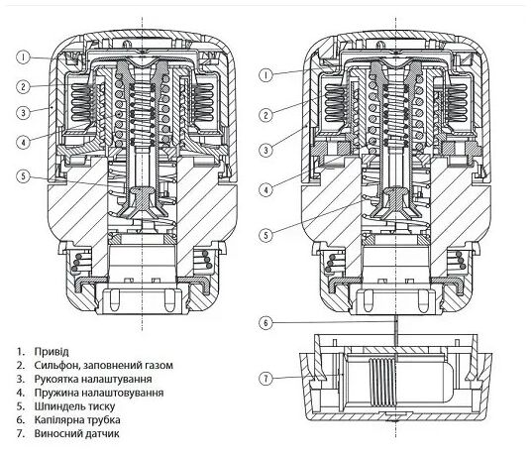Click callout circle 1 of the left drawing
point(23,57)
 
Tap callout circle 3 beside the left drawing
point(23,112)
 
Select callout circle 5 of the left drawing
point(23,176)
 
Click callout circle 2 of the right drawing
point(266,115)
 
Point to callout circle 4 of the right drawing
point(266,188)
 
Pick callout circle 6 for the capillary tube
point(266,322)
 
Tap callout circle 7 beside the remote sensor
point(266,378)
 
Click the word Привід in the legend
point(52,352)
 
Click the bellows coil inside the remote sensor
point(382,383)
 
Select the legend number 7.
point(21,433)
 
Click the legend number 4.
point(21,393)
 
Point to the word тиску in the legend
point(101,406)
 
